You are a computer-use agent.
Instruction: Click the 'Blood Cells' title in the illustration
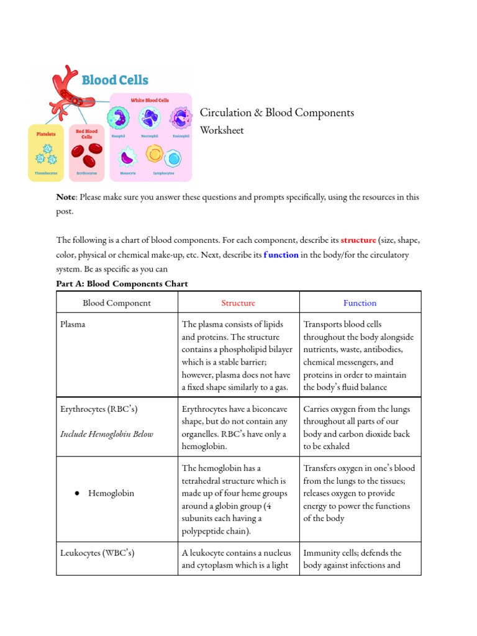115,79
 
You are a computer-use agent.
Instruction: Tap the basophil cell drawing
117,117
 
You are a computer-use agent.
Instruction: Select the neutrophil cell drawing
148,117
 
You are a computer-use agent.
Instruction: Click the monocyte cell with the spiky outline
127,157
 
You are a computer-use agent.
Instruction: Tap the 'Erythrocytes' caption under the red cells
86,174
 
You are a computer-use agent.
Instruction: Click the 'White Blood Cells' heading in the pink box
149,100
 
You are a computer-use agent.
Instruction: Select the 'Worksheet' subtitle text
222,130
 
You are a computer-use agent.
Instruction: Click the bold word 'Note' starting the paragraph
66,197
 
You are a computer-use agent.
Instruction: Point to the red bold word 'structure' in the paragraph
358,240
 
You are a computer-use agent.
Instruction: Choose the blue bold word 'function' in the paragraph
281,255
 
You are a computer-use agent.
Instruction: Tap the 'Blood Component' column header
117,303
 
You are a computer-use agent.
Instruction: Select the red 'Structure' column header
238,303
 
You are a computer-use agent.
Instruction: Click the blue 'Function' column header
360,303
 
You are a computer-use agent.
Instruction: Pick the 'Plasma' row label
73,324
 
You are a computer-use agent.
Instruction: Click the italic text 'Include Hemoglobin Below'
106,434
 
